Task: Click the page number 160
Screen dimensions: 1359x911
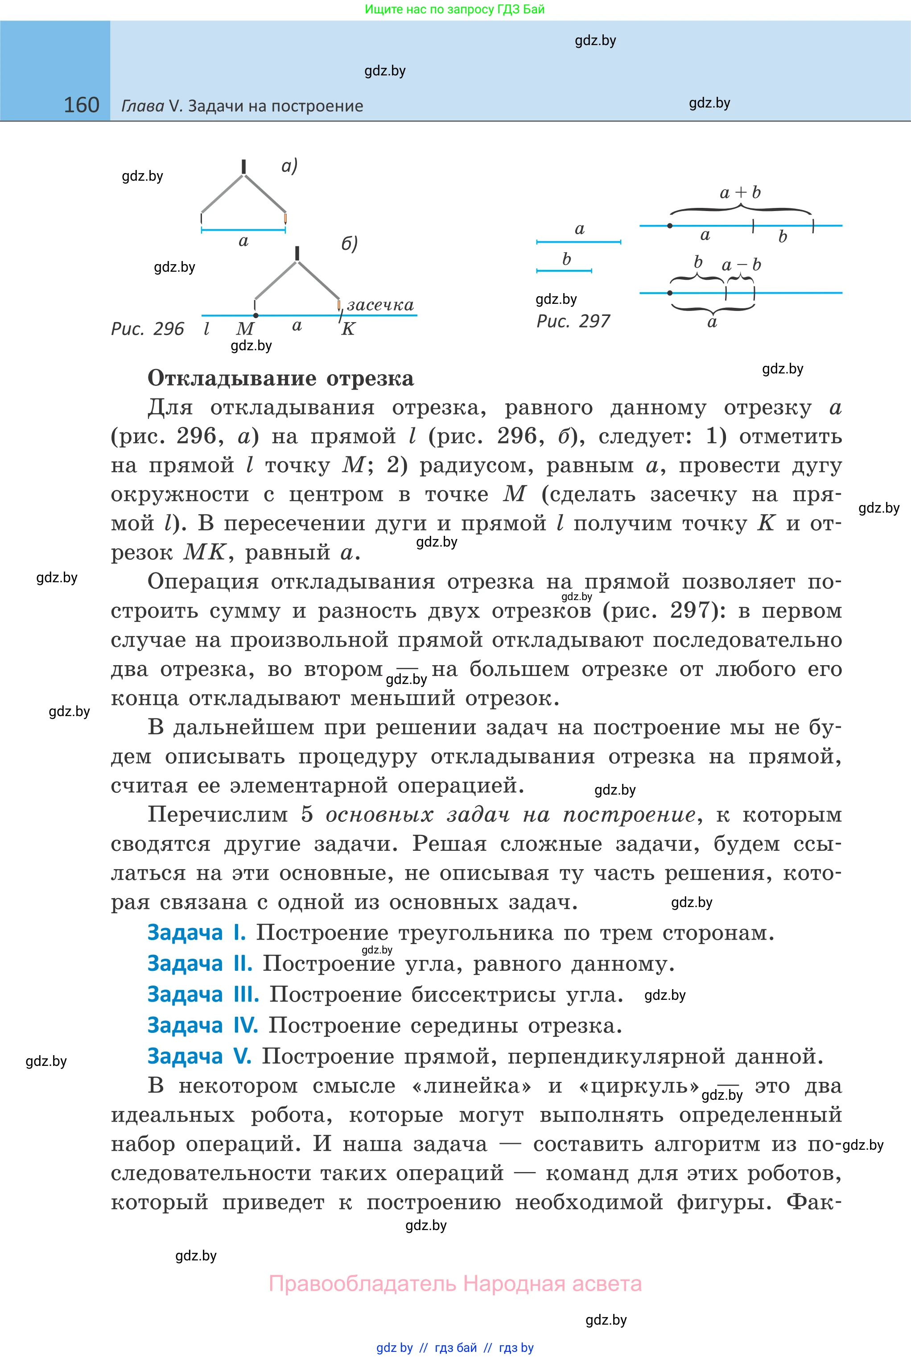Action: (x=81, y=105)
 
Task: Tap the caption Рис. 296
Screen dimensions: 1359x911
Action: (x=147, y=329)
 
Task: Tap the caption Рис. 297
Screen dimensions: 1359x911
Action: (x=573, y=321)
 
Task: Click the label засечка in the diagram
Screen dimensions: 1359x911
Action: (x=380, y=305)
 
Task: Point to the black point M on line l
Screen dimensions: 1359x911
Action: (x=256, y=315)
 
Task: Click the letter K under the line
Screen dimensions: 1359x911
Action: (x=348, y=329)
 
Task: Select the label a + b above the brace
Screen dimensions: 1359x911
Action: (x=740, y=192)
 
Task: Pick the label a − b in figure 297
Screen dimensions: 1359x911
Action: (x=741, y=265)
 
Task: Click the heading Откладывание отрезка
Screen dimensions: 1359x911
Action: (x=280, y=378)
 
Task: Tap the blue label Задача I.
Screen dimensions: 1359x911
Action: (x=196, y=932)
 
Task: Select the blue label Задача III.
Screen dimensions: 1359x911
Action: (x=203, y=994)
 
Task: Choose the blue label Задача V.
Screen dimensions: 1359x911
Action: (x=199, y=1056)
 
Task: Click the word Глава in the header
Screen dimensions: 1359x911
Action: (x=142, y=106)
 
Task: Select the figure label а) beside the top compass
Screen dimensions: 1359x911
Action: (x=289, y=166)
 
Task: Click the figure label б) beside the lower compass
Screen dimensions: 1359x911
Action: (x=349, y=243)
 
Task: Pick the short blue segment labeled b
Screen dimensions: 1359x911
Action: (x=564, y=270)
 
